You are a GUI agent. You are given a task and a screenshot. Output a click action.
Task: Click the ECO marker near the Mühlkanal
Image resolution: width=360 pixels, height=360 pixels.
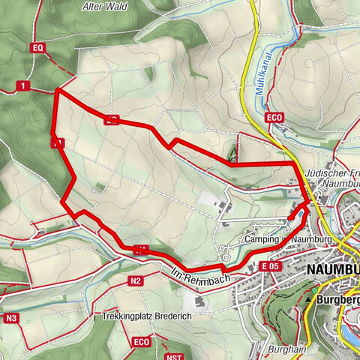pyautogui.click(x=274, y=118)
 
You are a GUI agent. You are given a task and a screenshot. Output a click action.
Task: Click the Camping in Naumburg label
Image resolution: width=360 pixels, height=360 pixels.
pyautogui.click(x=288, y=239)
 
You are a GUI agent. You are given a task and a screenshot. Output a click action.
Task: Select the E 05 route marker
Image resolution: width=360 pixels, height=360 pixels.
pyautogui.click(x=271, y=265)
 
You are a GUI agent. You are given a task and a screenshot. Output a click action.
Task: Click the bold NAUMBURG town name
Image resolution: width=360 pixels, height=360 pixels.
pyautogui.click(x=333, y=268)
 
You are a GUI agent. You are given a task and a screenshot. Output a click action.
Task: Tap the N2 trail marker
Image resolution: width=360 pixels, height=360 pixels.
pyautogui.click(x=135, y=281)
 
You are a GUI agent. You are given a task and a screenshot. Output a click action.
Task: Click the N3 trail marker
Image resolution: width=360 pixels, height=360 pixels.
pyautogui.click(x=10, y=318)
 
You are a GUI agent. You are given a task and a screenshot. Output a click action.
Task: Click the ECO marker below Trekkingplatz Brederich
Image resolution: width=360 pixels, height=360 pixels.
pyautogui.click(x=140, y=343)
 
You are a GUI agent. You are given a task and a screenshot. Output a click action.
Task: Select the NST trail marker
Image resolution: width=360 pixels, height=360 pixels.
pyautogui.click(x=175, y=356)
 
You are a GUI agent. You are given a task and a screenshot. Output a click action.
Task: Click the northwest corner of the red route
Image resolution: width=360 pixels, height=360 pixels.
pyautogui.click(x=58, y=90)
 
